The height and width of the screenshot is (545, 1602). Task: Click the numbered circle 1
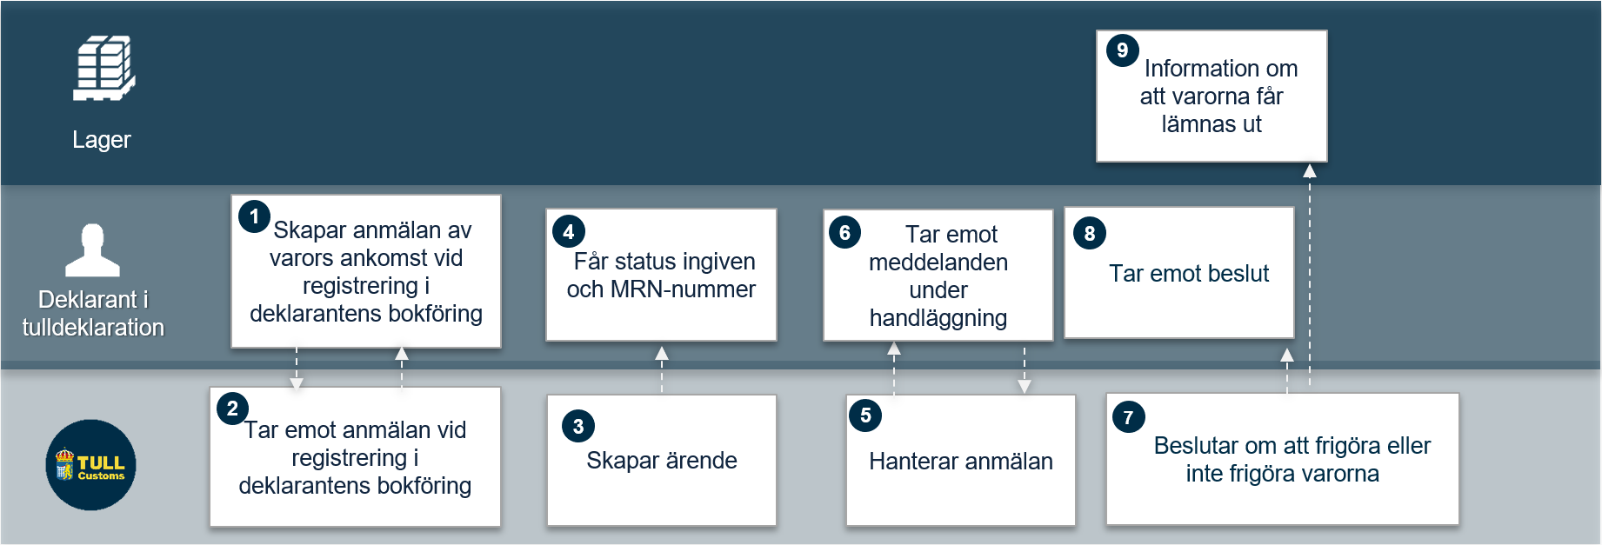pyautogui.click(x=254, y=216)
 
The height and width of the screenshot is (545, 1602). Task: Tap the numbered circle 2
pyautogui.click(x=232, y=409)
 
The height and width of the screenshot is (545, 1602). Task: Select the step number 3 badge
pyautogui.click(x=578, y=426)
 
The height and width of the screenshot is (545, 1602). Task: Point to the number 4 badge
pyautogui.click(x=569, y=232)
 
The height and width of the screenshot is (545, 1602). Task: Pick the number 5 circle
pyautogui.click(x=865, y=415)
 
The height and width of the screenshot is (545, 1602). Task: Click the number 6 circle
pyautogui.click(x=844, y=233)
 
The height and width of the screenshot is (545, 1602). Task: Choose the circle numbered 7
pyautogui.click(x=1129, y=417)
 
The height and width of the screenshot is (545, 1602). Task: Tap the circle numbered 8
pyautogui.click(x=1090, y=233)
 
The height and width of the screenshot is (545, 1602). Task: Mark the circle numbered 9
pyautogui.click(x=1123, y=50)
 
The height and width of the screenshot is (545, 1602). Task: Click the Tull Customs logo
pyautogui.click(x=91, y=465)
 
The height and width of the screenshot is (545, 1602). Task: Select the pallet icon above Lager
pyautogui.click(x=104, y=69)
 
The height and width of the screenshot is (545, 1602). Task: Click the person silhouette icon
pyautogui.click(x=93, y=250)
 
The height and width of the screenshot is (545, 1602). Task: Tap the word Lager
pyautogui.click(x=102, y=140)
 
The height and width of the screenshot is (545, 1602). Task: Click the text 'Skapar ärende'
pyautogui.click(x=662, y=461)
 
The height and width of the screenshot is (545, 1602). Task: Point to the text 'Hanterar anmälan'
pyautogui.click(x=961, y=462)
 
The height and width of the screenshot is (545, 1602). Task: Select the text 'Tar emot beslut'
pyautogui.click(x=1189, y=274)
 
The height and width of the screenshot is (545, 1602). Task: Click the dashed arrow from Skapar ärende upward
pyautogui.click(x=662, y=370)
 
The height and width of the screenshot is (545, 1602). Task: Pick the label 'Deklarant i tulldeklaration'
pyautogui.click(x=93, y=314)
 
